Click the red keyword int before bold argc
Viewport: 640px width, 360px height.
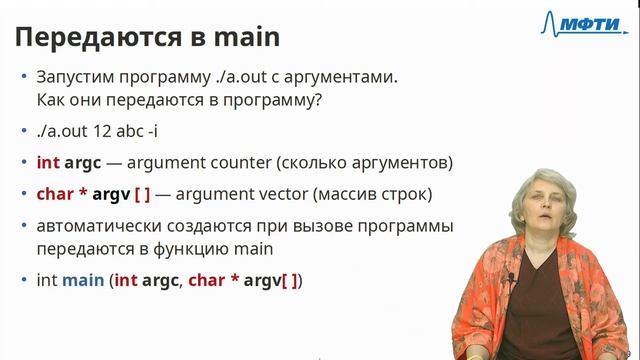[48, 162]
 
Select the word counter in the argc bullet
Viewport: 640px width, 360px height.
[234, 162]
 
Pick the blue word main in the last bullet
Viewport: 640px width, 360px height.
[83, 281]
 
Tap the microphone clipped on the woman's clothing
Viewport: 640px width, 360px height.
[510, 277]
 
